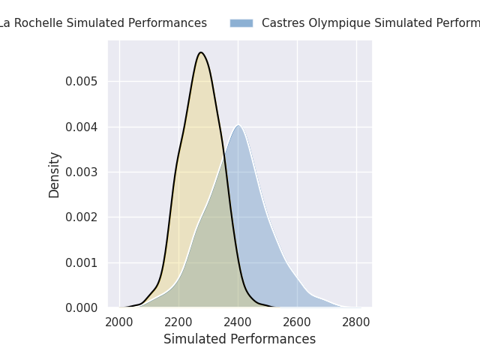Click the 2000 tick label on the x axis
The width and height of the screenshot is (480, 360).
click(119, 322)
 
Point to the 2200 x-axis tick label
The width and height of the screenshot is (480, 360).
click(178, 322)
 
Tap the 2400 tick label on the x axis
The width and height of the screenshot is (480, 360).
click(238, 322)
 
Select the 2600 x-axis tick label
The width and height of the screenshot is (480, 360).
click(297, 322)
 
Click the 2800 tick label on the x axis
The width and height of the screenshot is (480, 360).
click(356, 322)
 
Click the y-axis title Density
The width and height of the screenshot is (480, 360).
click(55, 174)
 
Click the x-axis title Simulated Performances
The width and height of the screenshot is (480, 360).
click(239, 339)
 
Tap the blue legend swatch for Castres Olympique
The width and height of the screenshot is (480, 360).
click(241, 23)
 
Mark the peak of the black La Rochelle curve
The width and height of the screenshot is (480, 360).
click(201, 52)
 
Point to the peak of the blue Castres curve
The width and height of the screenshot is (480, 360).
click(238, 125)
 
